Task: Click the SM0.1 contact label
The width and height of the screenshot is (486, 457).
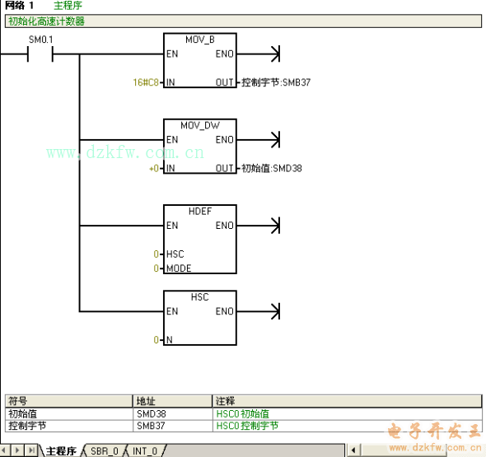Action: (x=41, y=40)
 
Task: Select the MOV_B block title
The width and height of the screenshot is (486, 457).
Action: (x=200, y=40)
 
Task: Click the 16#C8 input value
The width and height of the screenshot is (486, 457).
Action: (x=146, y=82)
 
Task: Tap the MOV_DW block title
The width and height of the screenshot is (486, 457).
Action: (x=200, y=125)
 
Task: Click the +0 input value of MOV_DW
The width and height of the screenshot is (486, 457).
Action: (x=154, y=169)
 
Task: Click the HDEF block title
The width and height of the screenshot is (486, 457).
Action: (x=200, y=212)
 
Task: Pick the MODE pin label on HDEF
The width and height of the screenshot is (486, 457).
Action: (x=179, y=268)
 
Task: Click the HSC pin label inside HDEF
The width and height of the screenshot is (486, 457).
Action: (x=175, y=254)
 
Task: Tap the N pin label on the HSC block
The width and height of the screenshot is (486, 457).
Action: (x=169, y=340)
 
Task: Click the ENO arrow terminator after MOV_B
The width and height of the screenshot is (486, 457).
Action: (x=276, y=54)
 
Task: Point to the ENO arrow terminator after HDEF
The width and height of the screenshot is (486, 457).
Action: (x=276, y=226)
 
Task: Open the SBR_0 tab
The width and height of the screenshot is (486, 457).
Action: (x=105, y=451)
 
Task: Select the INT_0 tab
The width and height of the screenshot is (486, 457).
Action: (x=145, y=451)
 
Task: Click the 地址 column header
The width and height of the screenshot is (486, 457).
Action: (x=145, y=401)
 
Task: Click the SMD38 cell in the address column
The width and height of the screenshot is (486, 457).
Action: (x=152, y=414)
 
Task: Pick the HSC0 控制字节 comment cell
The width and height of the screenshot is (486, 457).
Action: (x=247, y=426)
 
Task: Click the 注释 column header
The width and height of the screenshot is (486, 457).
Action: (x=225, y=401)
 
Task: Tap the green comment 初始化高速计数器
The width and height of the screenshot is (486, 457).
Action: (x=46, y=21)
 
